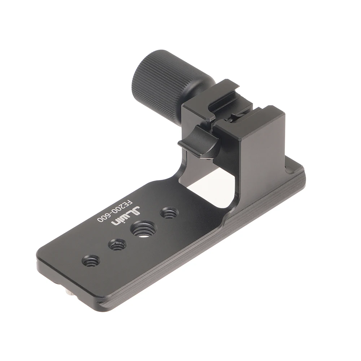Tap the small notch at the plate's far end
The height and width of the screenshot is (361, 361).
pos(288,168)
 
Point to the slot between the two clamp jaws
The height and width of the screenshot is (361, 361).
pos(231,112)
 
